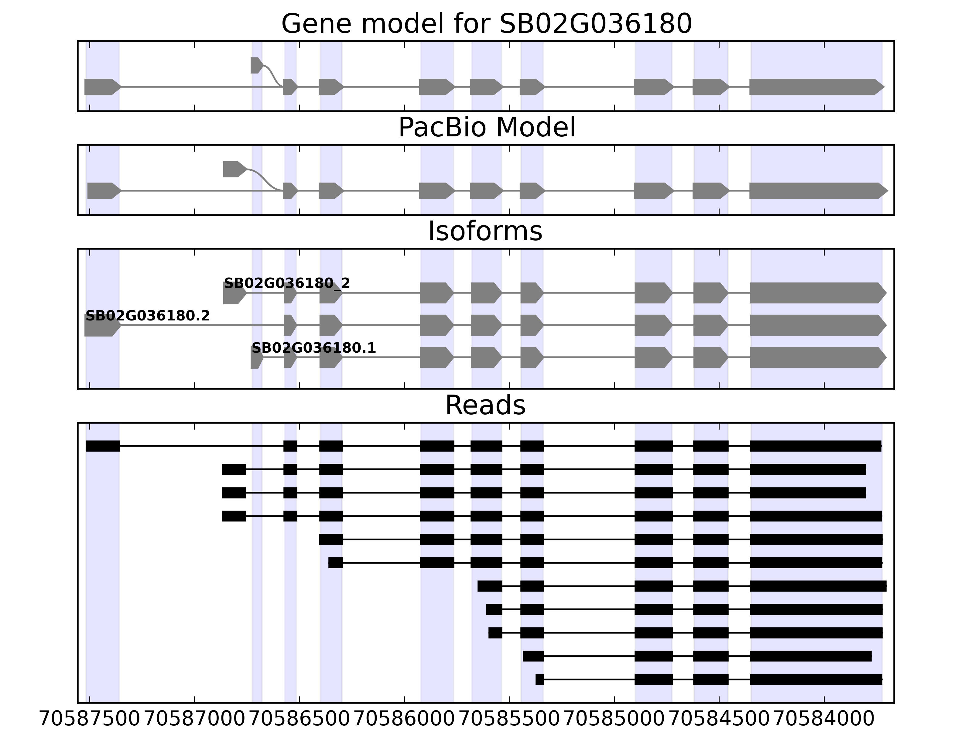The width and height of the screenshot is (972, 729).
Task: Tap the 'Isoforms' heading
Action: tap(485, 231)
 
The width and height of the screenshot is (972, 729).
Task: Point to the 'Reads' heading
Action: tap(485, 406)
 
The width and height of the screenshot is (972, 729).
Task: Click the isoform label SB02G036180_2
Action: tap(287, 283)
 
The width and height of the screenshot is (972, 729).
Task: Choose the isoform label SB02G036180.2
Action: tap(147, 316)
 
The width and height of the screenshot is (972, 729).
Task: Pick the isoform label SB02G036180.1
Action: tap(314, 348)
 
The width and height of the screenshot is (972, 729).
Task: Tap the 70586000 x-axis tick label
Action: tap(404, 719)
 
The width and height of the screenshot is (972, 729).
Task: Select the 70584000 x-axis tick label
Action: tap(824, 719)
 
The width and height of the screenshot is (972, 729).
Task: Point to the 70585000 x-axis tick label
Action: tap(614, 719)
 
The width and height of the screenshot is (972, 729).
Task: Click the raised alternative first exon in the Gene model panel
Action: tap(256, 66)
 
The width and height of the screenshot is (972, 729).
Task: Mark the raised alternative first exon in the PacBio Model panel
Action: tap(234, 169)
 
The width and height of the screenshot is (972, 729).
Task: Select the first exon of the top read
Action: tap(103, 446)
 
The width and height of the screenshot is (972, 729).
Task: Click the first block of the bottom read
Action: tap(539, 679)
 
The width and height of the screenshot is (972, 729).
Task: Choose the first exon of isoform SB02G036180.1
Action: tap(256, 357)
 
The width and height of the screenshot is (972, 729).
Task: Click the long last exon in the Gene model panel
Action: tap(816, 87)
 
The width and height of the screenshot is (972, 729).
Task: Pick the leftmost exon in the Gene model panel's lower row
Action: tap(101, 87)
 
